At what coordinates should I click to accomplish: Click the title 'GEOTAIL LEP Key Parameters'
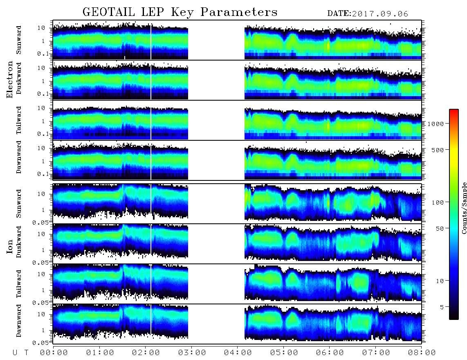(180, 12)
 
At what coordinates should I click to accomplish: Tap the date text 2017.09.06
(380, 14)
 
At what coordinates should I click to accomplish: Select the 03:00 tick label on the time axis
(192, 353)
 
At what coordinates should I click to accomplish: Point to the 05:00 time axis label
(284, 353)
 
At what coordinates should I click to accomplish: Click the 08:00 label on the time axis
(422, 353)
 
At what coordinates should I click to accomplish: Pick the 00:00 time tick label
(54, 353)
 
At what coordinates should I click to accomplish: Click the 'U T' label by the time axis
(20, 353)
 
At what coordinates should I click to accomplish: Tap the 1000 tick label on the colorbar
(436, 124)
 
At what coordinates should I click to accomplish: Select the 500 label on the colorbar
(438, 150)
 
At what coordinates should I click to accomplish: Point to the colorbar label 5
(442, 307)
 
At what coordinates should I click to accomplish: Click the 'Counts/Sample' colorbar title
(464, 208)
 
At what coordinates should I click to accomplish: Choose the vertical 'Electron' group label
(10, 79)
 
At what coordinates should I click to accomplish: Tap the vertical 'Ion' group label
(10, 247)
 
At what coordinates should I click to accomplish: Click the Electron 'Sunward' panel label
(19, 40)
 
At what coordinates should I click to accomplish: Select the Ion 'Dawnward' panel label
(19, 320)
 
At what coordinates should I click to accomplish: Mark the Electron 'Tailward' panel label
(19, 120)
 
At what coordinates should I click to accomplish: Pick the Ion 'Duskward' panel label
(19, 242)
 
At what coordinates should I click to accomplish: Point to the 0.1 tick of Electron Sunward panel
(45, 54)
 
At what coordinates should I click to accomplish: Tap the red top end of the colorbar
(454, 110)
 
